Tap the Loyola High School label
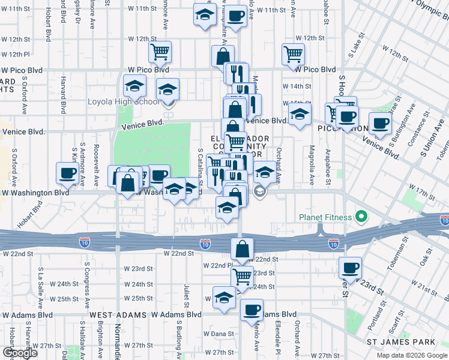pos(124,101)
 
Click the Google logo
pos(20,353)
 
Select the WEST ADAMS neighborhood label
pos(118,314)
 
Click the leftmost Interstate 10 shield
pos(85,242)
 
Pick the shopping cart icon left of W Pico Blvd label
pos(160,52)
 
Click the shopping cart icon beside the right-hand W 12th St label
pos(293,53)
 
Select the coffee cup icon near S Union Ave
pos(379,123)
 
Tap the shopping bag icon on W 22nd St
pos(242,249)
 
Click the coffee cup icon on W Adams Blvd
pos(252,309)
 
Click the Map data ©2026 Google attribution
pos(412,355)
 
